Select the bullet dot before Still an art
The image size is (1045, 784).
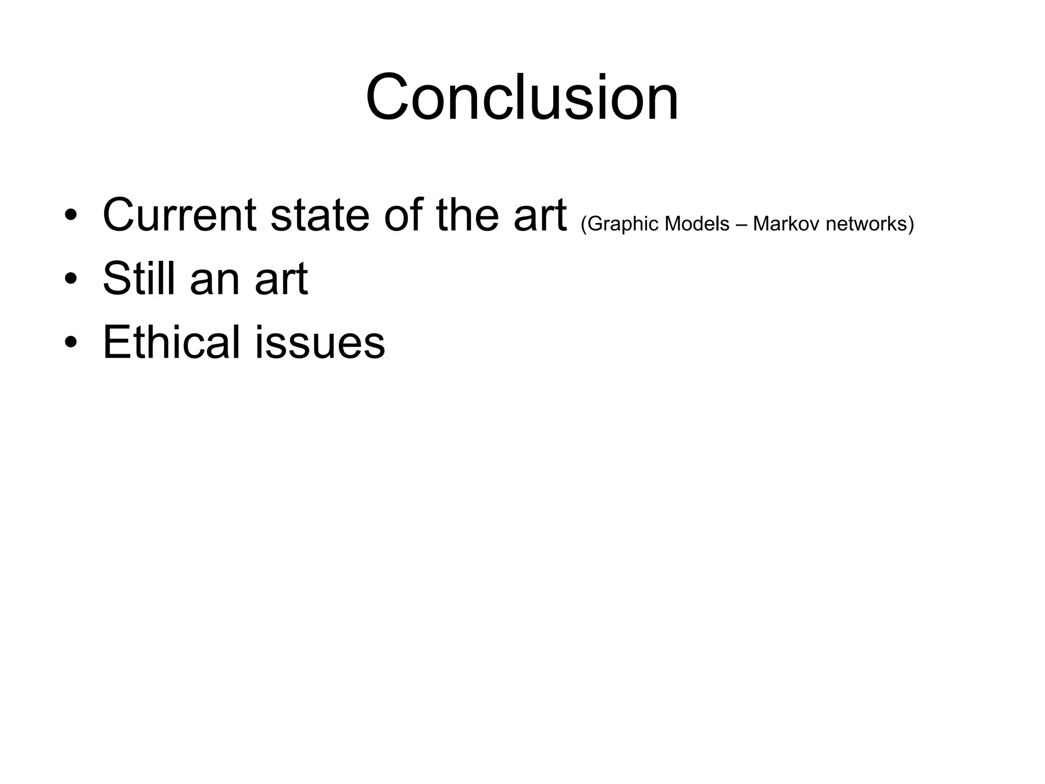click(x=71, y=279)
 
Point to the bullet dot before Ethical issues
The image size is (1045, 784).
click(x=71, y=342)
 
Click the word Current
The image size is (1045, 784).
click(x=179, y=215)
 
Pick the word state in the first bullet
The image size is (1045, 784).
click(x=320, y=215)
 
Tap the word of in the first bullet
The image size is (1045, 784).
click(x=403, y=215)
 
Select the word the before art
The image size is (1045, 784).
click(x=467, y=215)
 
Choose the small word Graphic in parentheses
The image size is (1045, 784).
click(x=623, y=224)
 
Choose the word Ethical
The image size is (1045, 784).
click(x=171, y=342)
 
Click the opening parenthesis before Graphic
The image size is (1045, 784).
click(x=584, y=224)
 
